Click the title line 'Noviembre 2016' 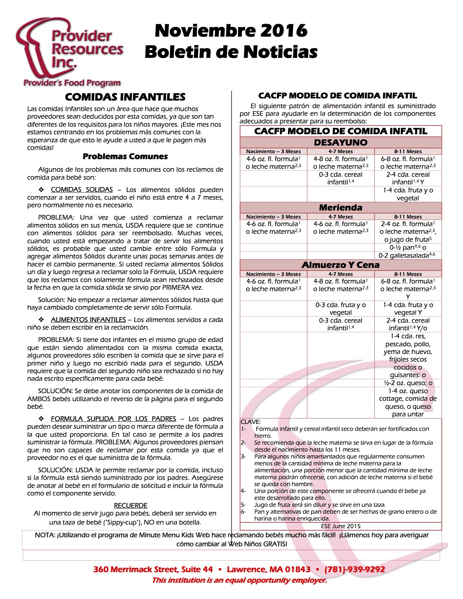coord(231,31)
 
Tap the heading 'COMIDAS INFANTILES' coord(125,97)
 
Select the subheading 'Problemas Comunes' coord(125,156)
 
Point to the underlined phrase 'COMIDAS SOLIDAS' coord(82,190)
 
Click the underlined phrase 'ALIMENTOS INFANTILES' coord(88,320)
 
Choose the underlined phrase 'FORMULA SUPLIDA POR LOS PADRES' coord(113,419)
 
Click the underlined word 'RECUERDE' coord(130,505)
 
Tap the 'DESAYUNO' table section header coord(341,142)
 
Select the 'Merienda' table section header coord(341,208)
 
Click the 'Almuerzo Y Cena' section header coord(341,265)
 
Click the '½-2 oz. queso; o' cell coord(408,383)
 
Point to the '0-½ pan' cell coord(407,248)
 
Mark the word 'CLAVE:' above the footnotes coord(251,422)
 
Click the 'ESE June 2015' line coord(341,526)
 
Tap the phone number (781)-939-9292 coord(354,569)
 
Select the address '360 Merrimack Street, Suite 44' coord(153,569)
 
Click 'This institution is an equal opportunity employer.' coord(239,580)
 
